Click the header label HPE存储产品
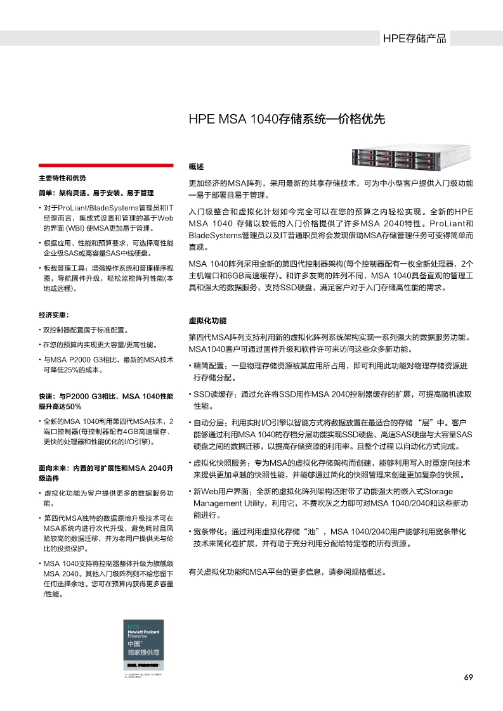click(414, 39)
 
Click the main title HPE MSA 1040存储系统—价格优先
click(287, 119)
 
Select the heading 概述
click(197, 167)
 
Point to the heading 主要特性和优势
click(62, 178)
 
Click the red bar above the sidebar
click(105, 165)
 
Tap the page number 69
click(469, 677)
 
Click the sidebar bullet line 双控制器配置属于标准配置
click(85, 330)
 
